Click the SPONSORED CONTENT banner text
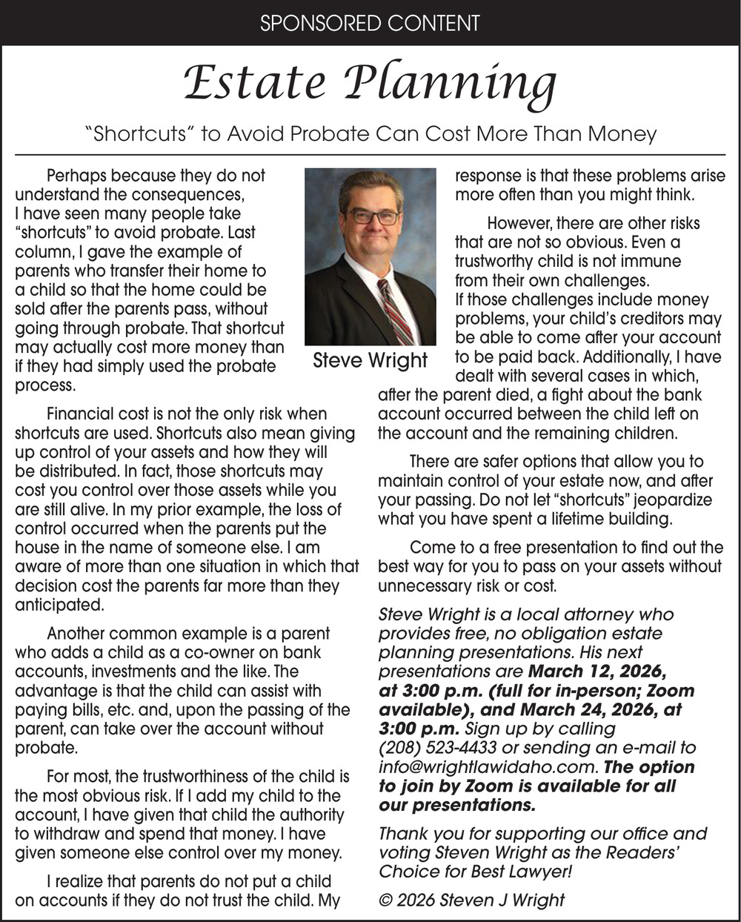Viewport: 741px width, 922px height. [x=370, y=23]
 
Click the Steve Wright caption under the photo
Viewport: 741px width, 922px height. [x=370, y=361]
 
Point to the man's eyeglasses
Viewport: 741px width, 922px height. [x=373, y=216]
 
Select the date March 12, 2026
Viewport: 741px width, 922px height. [x=597, y=671]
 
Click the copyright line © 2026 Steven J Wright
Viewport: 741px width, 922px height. [x=471, y=901]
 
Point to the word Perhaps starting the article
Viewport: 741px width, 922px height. [x=75, y=176]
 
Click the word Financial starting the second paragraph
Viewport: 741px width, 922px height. [x=79, y=414]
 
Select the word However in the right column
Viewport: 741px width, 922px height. [x=519, y=223]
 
